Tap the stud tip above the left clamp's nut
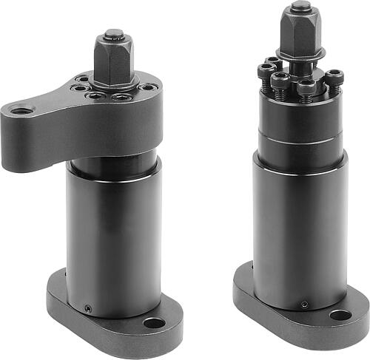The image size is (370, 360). [x=113, y=33]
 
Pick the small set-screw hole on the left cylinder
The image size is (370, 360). [x=87, y=308]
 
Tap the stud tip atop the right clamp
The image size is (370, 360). [x=300, y=7]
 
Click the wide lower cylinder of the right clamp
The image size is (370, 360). [x=299, y=229]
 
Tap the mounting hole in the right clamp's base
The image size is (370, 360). [x=340, y=316]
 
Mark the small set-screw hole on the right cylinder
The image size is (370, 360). [x=304, y=305]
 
